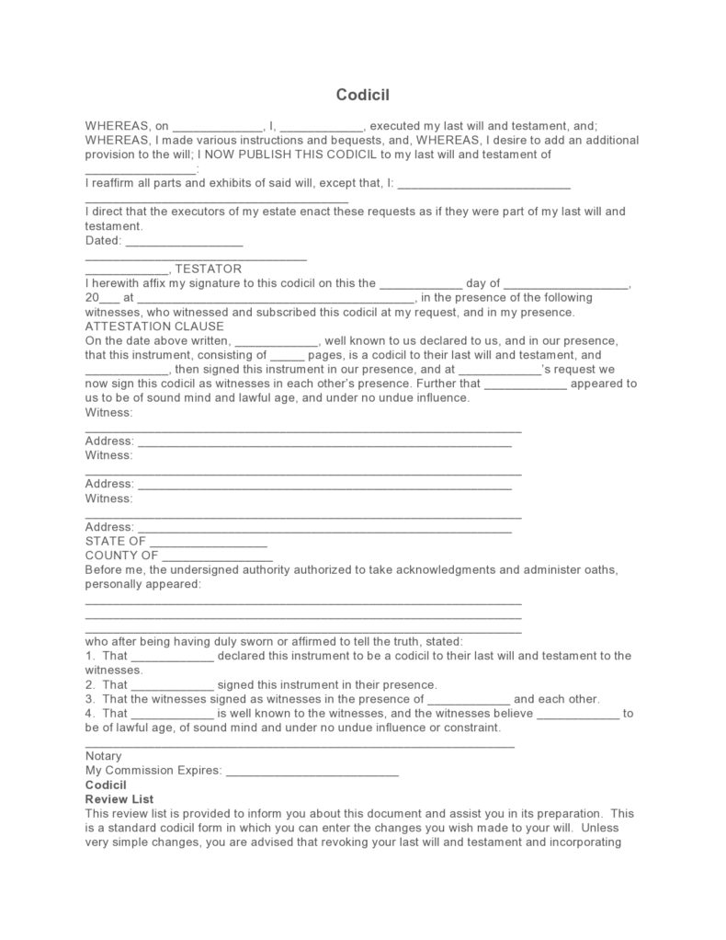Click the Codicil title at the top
(x=363, y=95)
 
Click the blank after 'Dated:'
(x=183, y=241)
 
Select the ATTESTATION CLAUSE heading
(x=153, y=326)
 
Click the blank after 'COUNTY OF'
(x=218, y=556)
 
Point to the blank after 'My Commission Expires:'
(x=312, y=771)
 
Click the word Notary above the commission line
(x=103, y=756)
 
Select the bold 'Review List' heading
(x=119, y=799)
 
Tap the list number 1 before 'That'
(x=89, y=656)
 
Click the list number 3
(x=89, y=699)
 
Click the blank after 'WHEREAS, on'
(x=218, y=126)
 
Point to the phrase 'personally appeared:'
(x=142, y=584)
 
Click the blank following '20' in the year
(x=108, y=299)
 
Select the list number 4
(x=89, y=713)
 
